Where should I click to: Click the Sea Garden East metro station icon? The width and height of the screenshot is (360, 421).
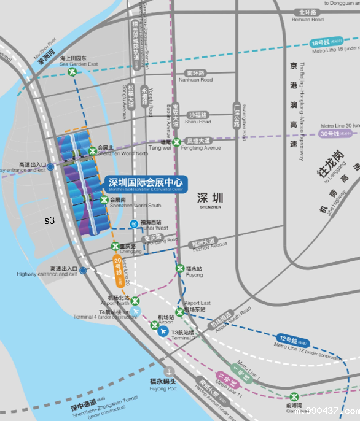[x=73, y=72]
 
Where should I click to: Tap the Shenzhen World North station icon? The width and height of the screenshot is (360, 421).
[x=93, y=150]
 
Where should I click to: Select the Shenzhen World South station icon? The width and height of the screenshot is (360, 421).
[x=104, y=199]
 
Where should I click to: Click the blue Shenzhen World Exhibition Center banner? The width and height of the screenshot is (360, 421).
[x=147, y=183]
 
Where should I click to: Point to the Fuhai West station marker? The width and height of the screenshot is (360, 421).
[x=134, y=224]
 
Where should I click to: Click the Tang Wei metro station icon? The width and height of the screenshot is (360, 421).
[x=177, y=142]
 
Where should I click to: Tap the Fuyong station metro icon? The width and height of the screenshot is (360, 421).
[x=180, y=268]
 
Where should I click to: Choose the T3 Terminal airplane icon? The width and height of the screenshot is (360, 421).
[x=162, y=331]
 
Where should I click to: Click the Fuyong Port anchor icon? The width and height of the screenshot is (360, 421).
[x=170, y=371]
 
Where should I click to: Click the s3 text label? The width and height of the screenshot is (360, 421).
[x=50, y=220]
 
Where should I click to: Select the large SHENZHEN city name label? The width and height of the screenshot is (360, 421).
[x=209, y=199]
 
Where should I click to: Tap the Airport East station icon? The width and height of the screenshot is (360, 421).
[x=179, y=312]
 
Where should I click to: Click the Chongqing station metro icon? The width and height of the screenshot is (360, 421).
[x=114, y=246]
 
